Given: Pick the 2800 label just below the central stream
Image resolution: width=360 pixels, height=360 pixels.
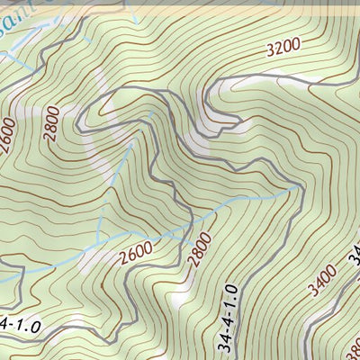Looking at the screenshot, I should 200,249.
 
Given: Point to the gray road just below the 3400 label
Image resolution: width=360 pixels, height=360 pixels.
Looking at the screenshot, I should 319,310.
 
